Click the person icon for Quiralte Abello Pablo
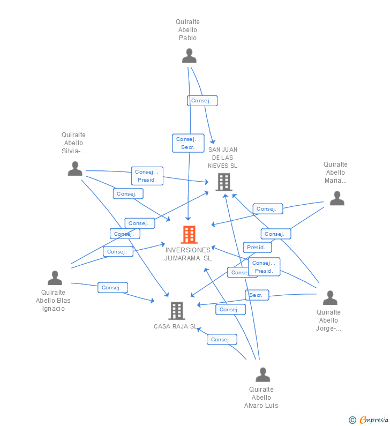pyautogui.click(x=189, y=56)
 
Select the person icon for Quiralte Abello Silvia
pyautogui.click(x=75, y=169)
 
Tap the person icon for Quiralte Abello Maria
pyautogui.click(x=336, y=198)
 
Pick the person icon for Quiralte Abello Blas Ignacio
pyautogui.click(x=55, y=278)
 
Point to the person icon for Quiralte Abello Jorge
pyautogui.click(x=330, y=298)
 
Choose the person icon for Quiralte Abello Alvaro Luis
pyautogui.click(x=262, y=375)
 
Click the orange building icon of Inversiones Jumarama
pyautogui.click(x=189, y=234)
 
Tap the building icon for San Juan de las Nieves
pyautogui.click(x=223, y=182)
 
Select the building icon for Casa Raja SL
pyautogui.click(x=176, y=310)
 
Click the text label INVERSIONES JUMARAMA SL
pyautogui.click(x=188, y=254)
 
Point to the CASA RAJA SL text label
pyautogui.click(x=175, y=326)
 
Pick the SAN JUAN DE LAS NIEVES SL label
pyautogui.click(x=223, y=158)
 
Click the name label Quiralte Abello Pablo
pyautogui.click(x=187, y=30)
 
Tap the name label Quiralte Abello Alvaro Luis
pyautogui.click(x=261, y=398)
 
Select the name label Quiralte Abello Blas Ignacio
pyautogui.click(x=53, y=301)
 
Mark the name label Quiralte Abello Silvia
pyautogui.click(x=73, y=143)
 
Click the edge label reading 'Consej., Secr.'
pyautogui.click(x=188, y=143)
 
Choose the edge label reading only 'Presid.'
pyautogui.click(x=257, y=248)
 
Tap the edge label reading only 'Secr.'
pyautogui.click(x=257, y=295)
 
